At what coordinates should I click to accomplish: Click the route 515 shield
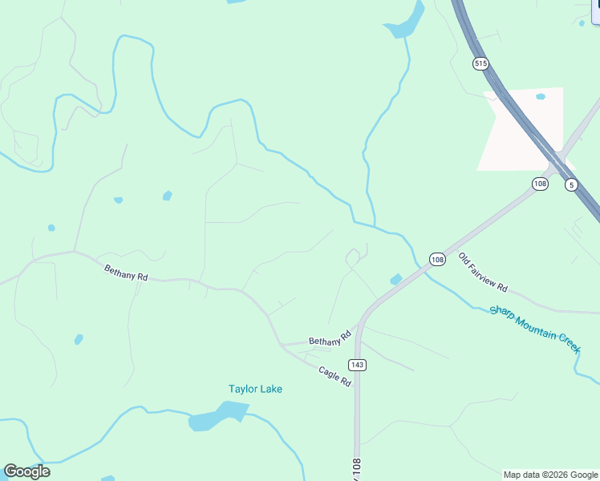480,63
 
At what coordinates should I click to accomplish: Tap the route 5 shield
571,184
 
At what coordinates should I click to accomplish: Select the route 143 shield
358,365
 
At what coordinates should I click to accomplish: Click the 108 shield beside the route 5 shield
540,184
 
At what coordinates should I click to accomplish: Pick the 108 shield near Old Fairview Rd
437,260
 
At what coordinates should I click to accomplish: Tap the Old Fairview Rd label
483,272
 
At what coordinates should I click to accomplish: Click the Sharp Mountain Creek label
534,328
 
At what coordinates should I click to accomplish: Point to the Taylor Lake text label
255,389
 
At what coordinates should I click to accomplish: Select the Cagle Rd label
335,377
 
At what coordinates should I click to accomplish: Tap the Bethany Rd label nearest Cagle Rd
330,338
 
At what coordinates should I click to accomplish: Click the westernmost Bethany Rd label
127,273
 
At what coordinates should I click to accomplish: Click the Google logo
26,471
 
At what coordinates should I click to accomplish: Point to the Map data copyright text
550,475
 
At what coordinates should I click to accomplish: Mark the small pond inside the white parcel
541,97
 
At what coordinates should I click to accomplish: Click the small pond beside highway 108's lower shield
395,279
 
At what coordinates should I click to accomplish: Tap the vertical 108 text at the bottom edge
356,469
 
